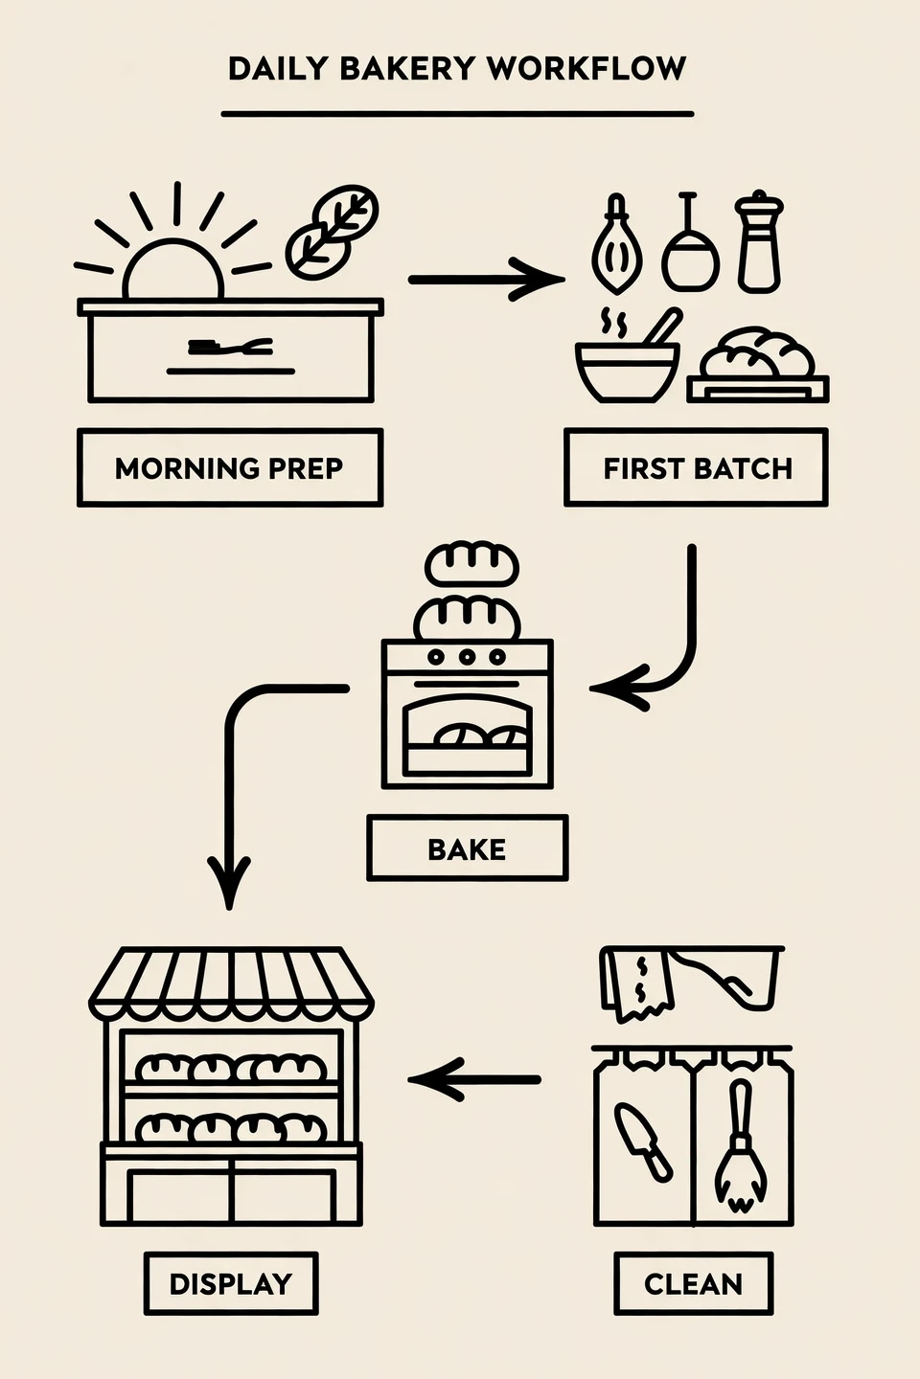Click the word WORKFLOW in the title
pyautogui.click(x=586, y=68)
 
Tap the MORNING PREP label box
pyautogui.click(x=230, y=468)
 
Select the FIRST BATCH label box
pyautogui.click(x=696, y=468)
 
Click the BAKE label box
pyautogui.click(x=467, y=848)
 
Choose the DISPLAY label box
pyautogui.click(x=231, y=1283)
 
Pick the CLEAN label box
pyautogui.click(x=693, y=1283)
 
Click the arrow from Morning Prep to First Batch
pyautogui.click(x=487, y=280)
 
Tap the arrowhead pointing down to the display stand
pyautogui.click(x=229, y=883)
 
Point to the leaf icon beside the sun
pyautogui.click(x=332, y=233)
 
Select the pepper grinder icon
pyautogui.click(x=759, y=241)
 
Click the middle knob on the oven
pyautogui.click(x=467, y=657)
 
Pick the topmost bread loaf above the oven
pyautogui.click(x=471, y=563)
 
